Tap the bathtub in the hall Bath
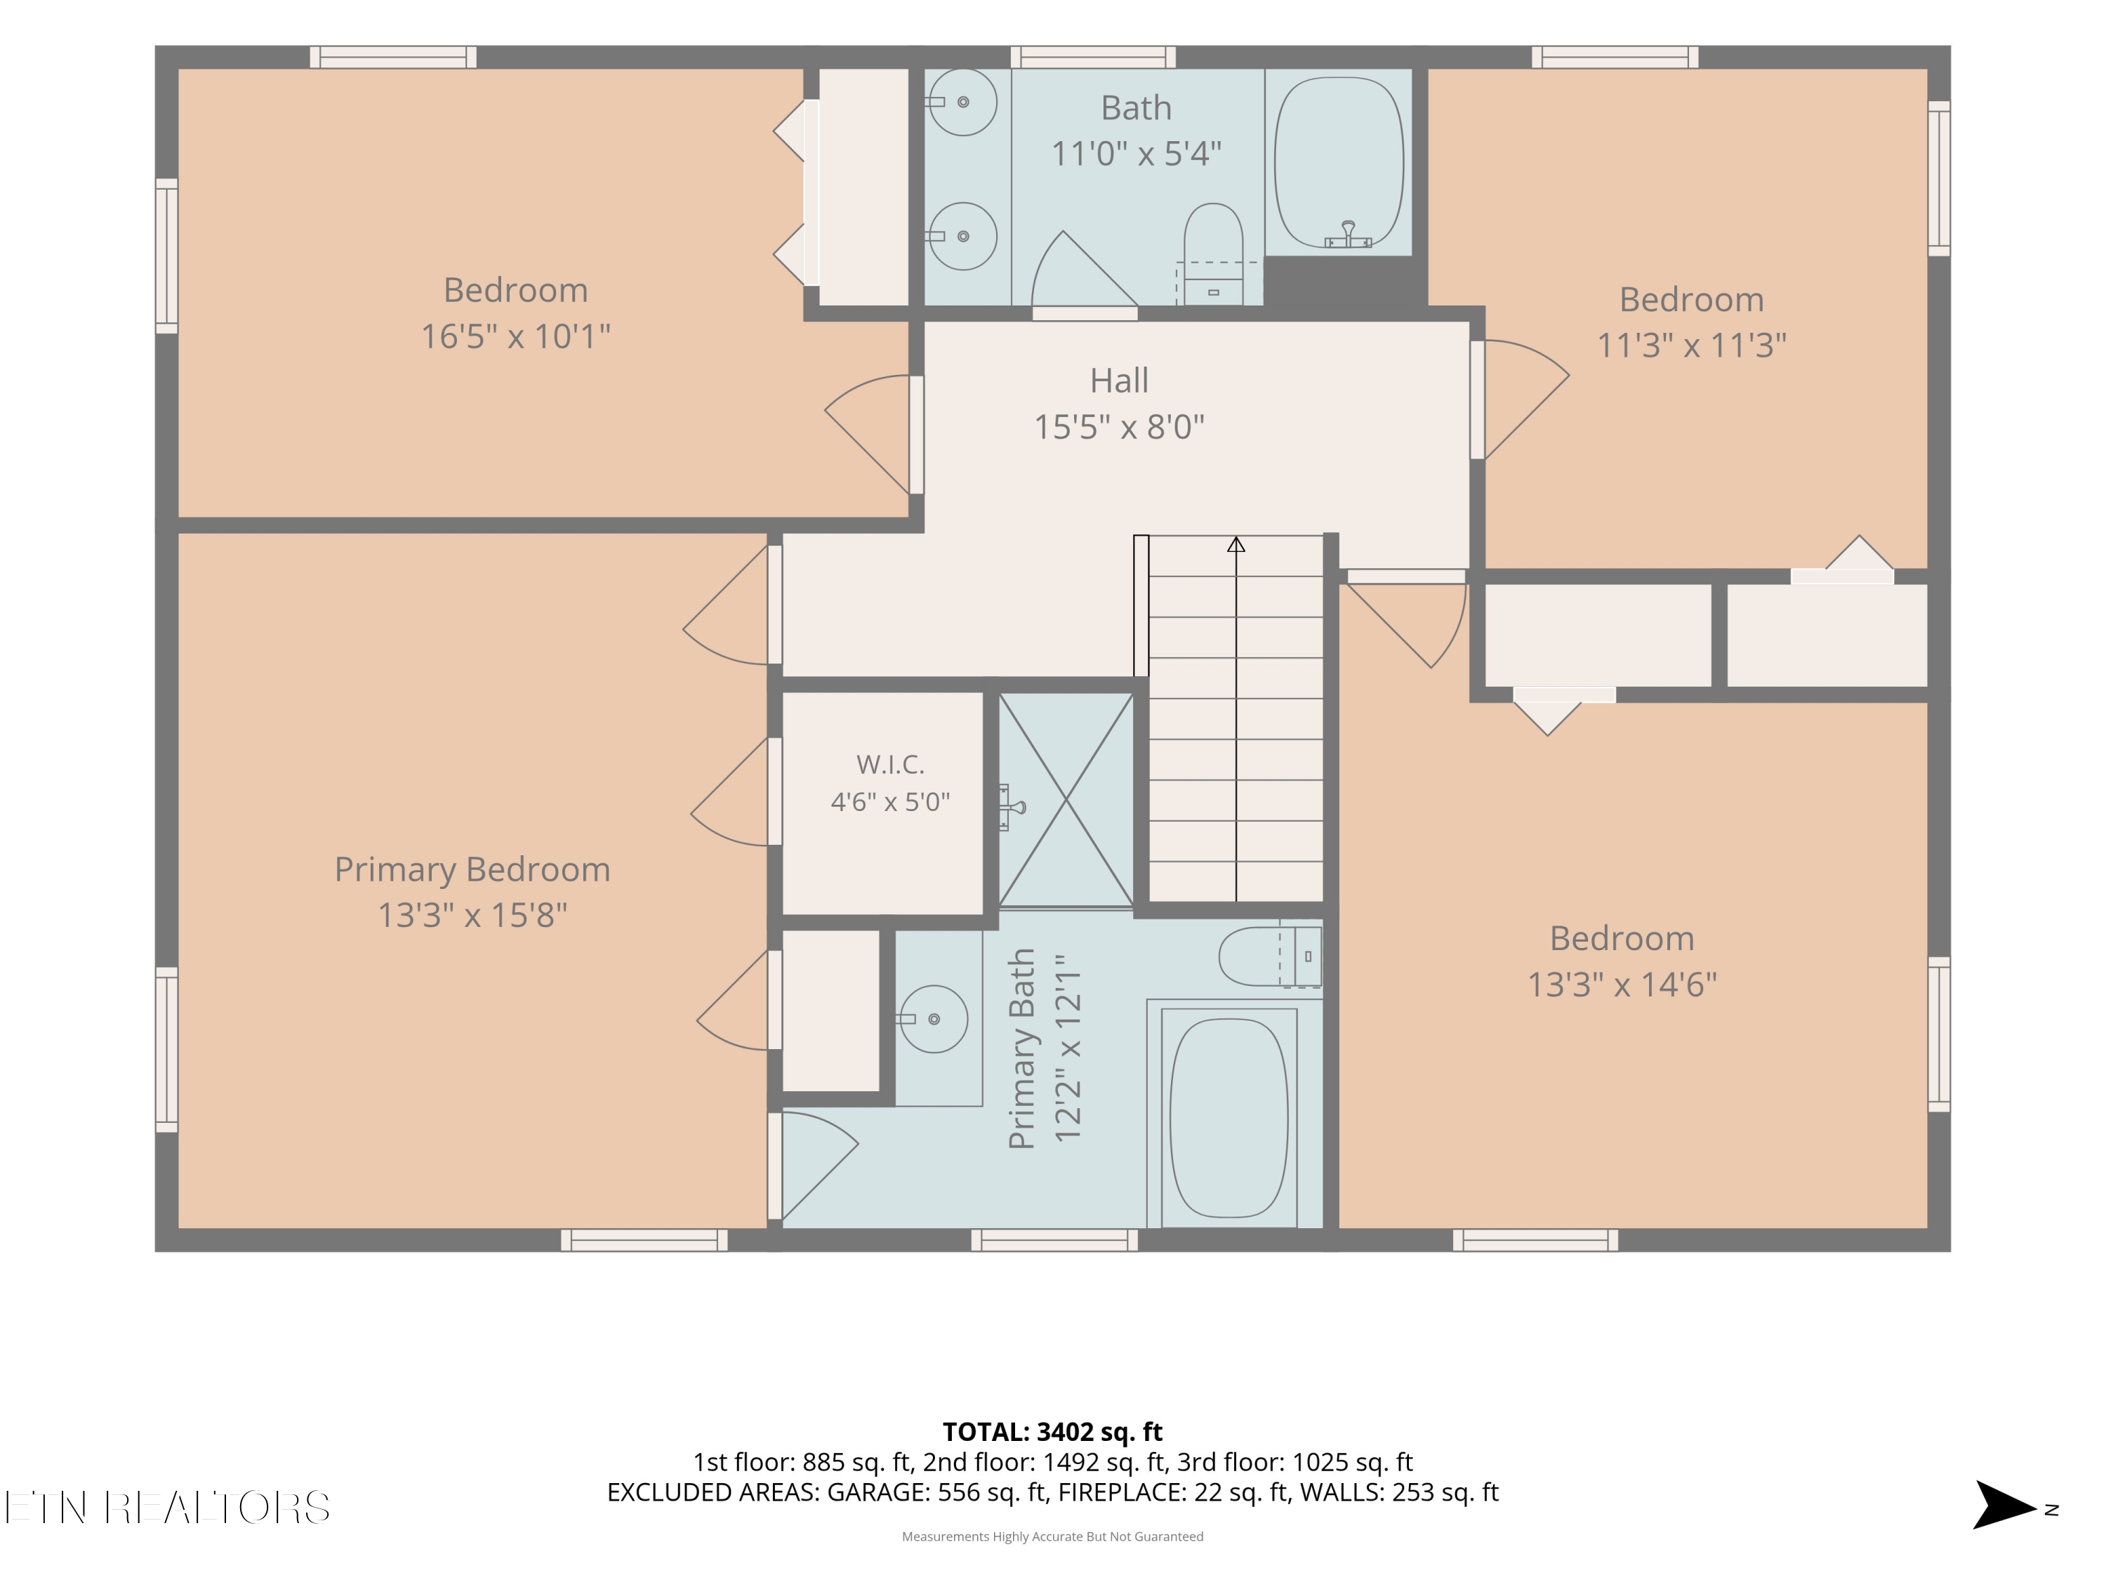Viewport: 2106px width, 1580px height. tap(1339, 162)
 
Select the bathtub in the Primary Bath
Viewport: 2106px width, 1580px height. tap(1229, 1117)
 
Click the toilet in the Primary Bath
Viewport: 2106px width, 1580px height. tap(1270, 956)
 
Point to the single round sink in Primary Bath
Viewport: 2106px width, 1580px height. tap(933, 1018)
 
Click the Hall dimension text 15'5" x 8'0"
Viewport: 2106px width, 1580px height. tap(1119, 427)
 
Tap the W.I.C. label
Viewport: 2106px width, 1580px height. tap(890, 764)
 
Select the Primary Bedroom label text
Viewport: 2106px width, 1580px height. tap(472, 869)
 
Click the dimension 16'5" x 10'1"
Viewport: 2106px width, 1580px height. tap(515, 336)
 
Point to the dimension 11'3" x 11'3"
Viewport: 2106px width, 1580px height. tap(1691, 345)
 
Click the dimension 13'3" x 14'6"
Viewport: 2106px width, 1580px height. tap(1622, 984)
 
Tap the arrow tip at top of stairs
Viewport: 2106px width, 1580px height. tap(1236, 538)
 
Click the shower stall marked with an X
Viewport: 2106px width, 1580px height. tap(1066, 799)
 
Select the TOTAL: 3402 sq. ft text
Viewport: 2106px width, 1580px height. tap(1052, 1431)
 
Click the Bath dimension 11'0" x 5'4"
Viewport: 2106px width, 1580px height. tap(1136, 153)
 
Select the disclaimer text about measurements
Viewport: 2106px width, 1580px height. tap(1052, 1536)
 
